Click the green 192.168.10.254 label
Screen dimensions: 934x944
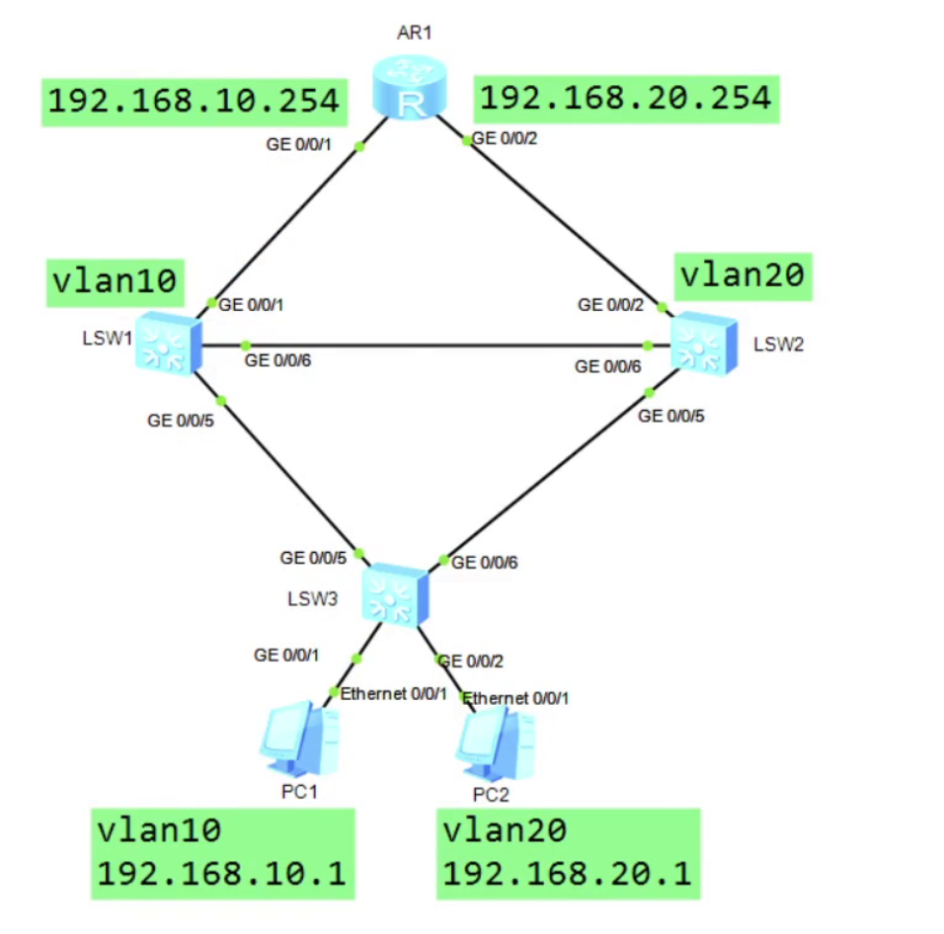[x=195, y=101]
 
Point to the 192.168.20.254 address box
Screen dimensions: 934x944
[x=625, y=98]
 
